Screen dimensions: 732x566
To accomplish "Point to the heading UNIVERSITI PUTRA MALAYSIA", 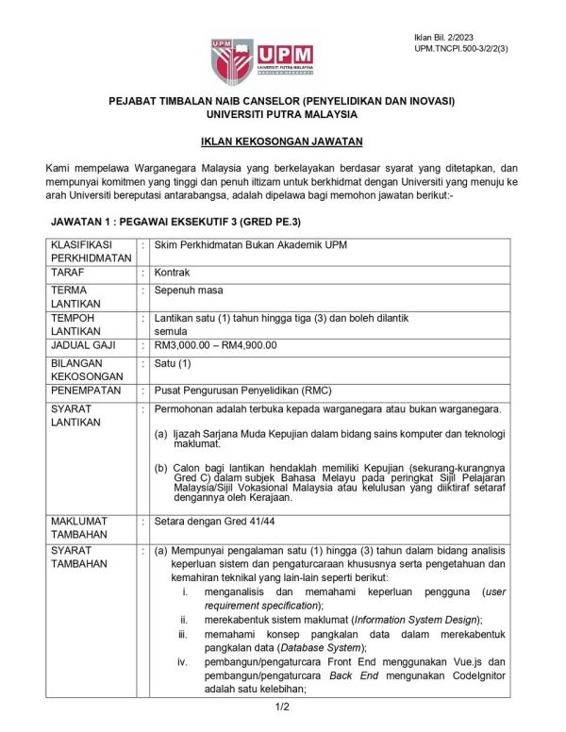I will click(283, 113).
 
